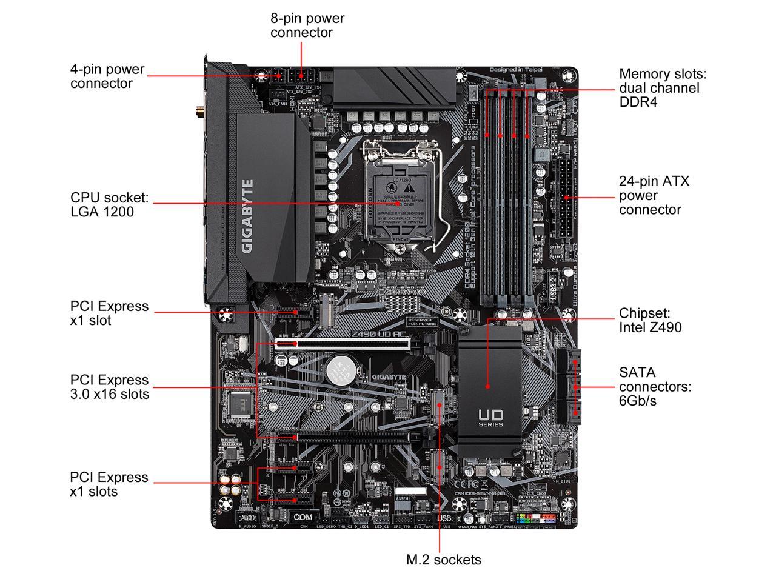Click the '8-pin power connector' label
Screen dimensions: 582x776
tap(307, 25)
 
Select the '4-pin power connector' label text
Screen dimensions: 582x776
tap(107, 76)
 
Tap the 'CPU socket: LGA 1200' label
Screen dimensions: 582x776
tap(109, 205)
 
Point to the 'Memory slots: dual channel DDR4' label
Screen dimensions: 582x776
tap(663, 88)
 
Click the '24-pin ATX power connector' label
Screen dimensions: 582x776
tap(654, 195)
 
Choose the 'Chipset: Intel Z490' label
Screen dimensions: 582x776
tap(650, 321)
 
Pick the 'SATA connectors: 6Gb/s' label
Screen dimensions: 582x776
tap(655, 386)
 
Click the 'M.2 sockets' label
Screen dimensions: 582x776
tap(443, 560)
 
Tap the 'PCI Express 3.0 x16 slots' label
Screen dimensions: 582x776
tap(109, 387)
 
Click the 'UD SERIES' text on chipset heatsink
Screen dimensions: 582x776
tap(490, 418)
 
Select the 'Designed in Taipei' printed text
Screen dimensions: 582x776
tap(515, 70)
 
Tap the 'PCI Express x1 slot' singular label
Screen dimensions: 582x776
tap(109, 313)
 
